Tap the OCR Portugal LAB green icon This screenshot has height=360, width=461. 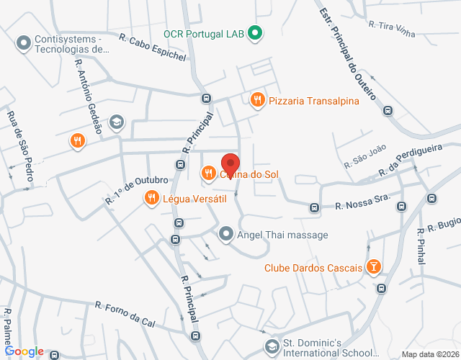[x=254, y=33]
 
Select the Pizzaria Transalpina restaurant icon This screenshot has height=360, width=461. [x=257, y=101]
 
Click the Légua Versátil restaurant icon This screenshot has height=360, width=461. [x=151, y=197]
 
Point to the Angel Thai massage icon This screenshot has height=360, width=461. [x=226, y=234]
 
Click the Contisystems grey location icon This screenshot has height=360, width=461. [x=24, y=44]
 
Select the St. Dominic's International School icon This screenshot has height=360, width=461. [x=271, y=348]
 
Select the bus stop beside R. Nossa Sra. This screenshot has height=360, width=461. [x=314, y=207]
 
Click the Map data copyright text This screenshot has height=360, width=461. [x=430, y=354]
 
